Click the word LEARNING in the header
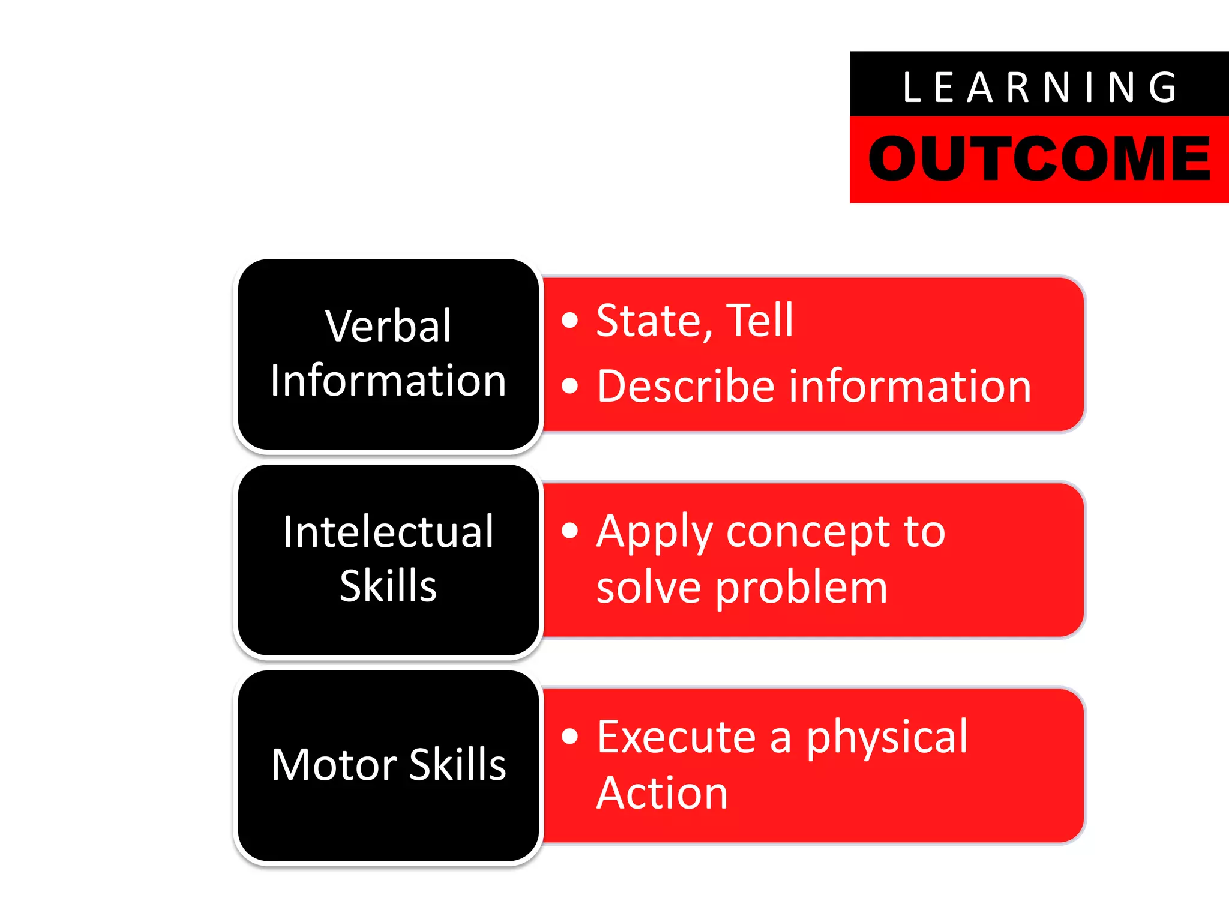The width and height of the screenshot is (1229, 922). click(1039, 88)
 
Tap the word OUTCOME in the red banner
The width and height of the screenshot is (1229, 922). click(1039, 158)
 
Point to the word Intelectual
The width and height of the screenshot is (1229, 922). click(388, 532)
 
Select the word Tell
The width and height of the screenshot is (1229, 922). click(760, 321)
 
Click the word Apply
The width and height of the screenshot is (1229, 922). click(654, 533)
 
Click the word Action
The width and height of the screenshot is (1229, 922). click(662, 793)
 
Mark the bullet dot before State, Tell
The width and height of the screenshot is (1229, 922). click(569, 321)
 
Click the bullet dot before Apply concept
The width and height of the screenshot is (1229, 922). click(569, 531)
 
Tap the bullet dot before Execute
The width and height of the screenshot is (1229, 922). click(569, 736)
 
